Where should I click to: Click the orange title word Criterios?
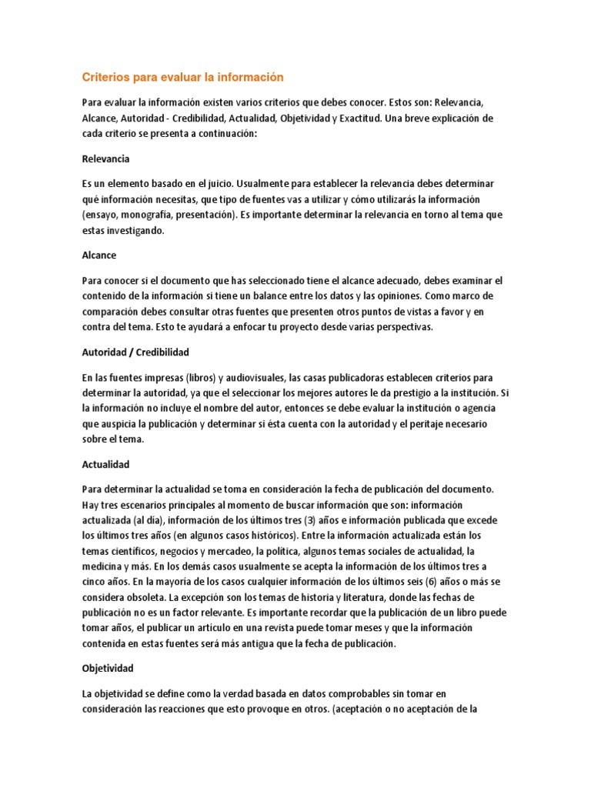pos(106,77)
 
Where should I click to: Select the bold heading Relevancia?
pos(106,159)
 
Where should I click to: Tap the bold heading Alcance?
pos(99,255)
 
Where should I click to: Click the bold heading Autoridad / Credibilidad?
pos(135,352)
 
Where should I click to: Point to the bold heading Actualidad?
pos(105,465)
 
